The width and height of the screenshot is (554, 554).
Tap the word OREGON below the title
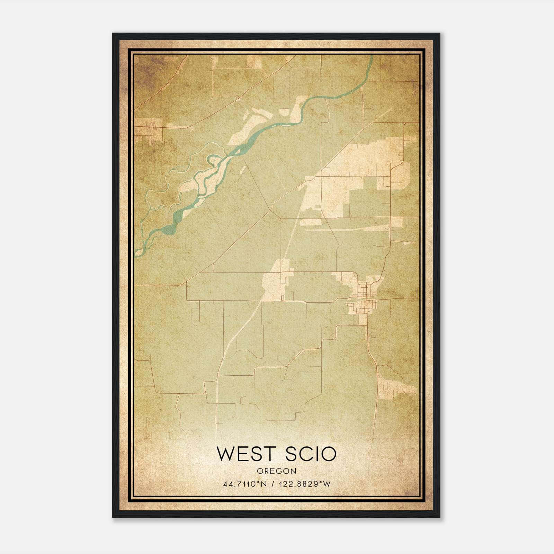coord(277,471)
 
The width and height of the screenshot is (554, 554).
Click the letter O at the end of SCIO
coord(329,454)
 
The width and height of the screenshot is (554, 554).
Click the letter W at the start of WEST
coord(224,454)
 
